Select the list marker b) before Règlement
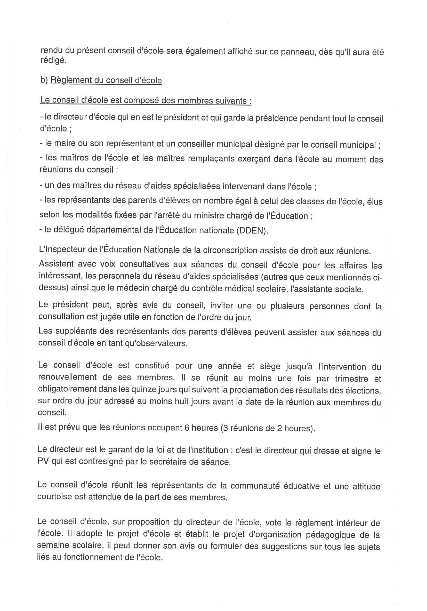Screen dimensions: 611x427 (x=44, y=80)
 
